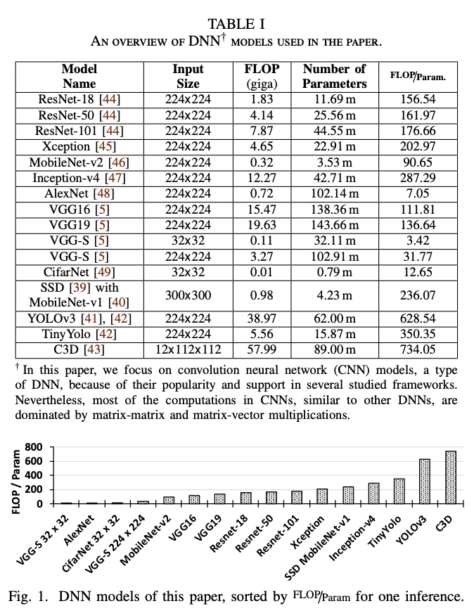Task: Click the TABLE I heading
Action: pos(236,24)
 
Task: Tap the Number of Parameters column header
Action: pos(334,76)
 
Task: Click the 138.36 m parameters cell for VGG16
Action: pos(334,209)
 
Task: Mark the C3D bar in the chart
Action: pos(450,477)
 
